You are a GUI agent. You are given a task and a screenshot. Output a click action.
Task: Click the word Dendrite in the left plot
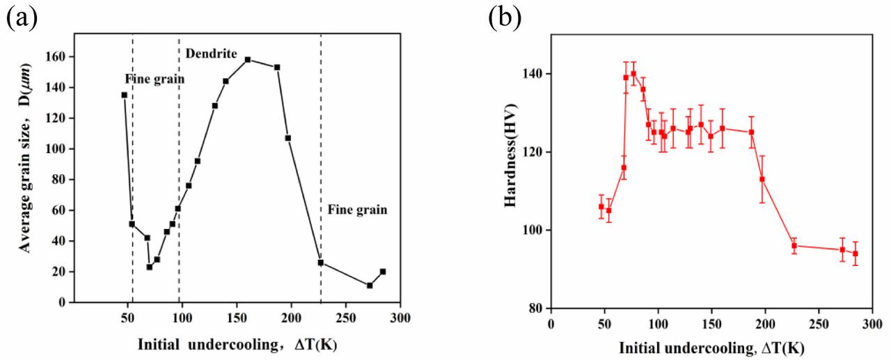click(x=212, y=53)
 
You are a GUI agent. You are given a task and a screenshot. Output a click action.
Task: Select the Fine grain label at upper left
click(x=155, y=79)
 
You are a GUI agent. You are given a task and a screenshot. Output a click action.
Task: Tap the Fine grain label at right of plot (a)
click(x=357, y=208)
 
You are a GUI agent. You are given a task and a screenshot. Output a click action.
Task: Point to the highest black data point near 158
click(x=248, y=60)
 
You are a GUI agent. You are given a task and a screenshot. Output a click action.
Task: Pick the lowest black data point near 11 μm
click(x=370, y=285)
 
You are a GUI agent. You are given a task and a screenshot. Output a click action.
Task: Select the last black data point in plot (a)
click(x=383, y=272)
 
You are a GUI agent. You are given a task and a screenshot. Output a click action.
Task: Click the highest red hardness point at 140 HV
click(x=633, y=73)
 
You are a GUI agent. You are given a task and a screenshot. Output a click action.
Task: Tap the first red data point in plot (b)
click(x=601, y=206)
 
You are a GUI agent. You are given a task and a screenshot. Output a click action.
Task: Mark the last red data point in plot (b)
click(x=855, y=253)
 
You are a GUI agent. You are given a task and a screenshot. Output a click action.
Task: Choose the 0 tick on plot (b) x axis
click(x=551, y=322)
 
